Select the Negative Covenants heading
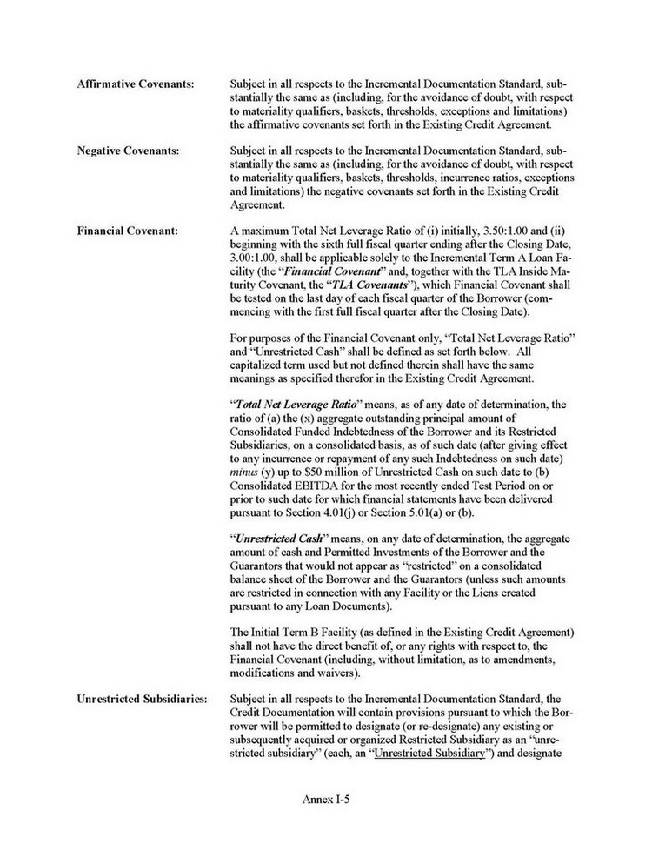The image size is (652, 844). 128,151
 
